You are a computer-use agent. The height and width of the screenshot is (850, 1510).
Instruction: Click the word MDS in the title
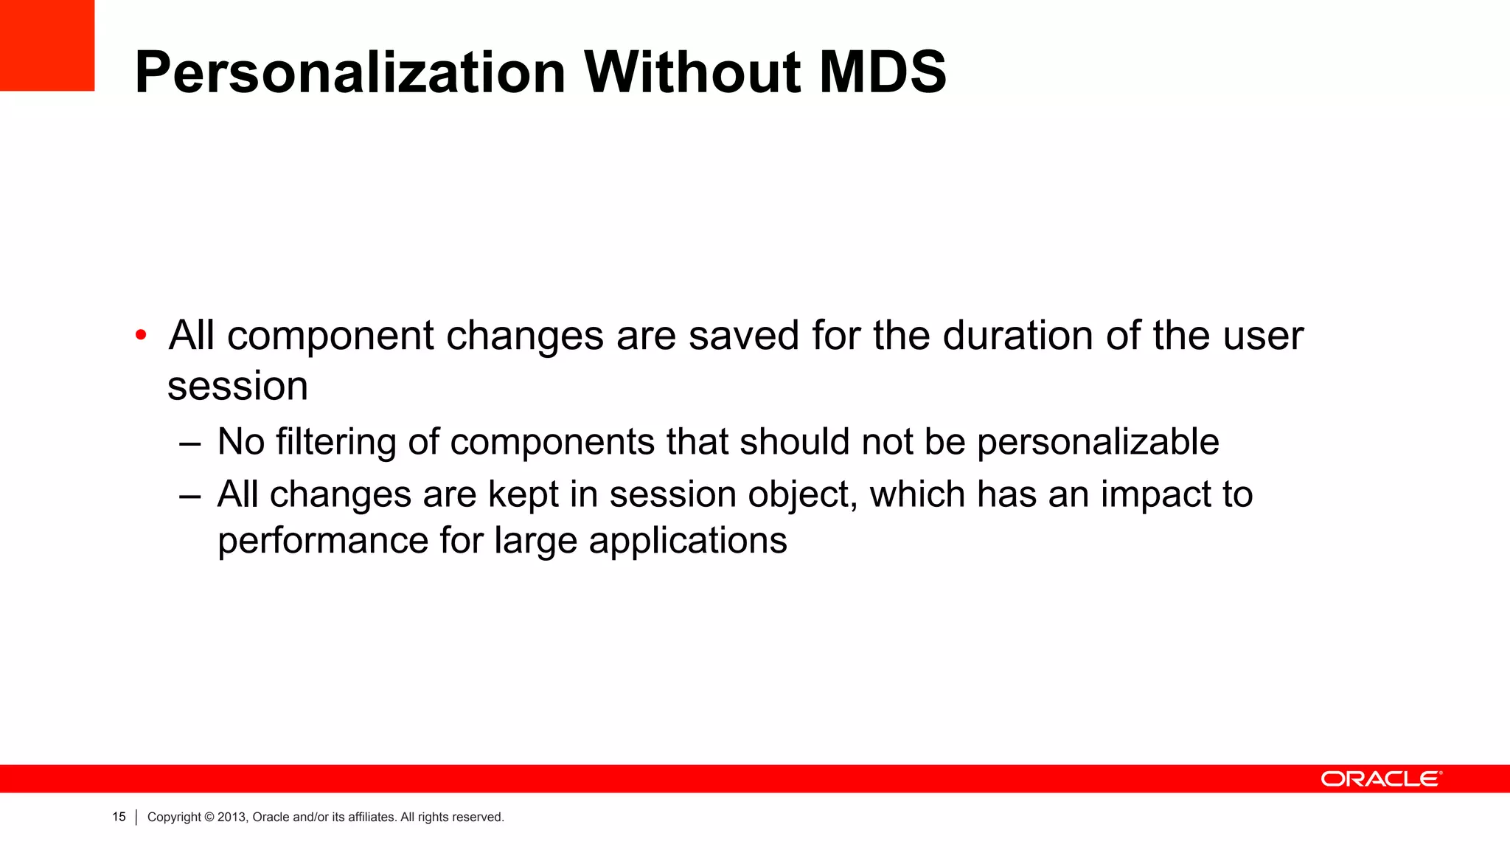[883, 72]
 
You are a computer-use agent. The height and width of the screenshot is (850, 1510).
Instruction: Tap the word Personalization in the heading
[350, 72]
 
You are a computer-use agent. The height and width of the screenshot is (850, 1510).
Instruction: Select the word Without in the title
[692, 72]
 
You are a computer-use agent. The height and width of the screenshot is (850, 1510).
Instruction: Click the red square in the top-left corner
[47, 45]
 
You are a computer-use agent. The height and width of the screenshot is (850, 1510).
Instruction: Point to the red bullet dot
[141, 336]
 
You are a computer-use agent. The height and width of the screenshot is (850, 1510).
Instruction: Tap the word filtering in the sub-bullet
[336, 442]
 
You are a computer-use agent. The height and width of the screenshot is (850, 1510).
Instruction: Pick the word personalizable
[1098, 442]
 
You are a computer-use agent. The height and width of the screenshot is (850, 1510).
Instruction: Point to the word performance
[324, 541]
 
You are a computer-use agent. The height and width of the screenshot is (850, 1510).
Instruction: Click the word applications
[688, 541]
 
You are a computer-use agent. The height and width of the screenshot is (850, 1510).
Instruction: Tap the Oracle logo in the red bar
[1381, 779]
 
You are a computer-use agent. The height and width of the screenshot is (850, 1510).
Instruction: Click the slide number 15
[119, 817]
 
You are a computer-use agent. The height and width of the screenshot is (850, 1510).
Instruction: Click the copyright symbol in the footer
[209, 817]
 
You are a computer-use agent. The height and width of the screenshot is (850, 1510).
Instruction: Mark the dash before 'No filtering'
[189, 443]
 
